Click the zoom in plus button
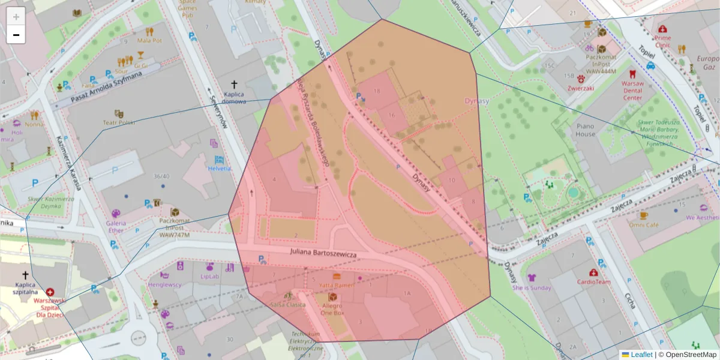point(16,16)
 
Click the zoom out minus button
point(16,35)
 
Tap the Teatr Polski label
point(119,122)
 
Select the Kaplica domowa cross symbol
point(235,85)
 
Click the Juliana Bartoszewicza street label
point(323,255)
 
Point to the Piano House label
point(586,130)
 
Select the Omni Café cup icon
point(644,215)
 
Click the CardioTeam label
point(593,281)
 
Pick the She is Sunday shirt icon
point(532,277)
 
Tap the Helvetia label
point(220,169)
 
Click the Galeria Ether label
point(116,226)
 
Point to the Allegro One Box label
point(332,310)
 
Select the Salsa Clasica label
point(289,305)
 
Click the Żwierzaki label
point(581,88)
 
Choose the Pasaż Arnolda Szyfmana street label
point(106,88)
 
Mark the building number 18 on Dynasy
point(377,91)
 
